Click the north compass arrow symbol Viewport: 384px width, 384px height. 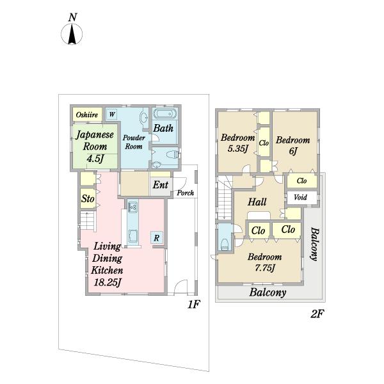point(72,34)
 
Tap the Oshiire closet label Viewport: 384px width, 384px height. point(87,115)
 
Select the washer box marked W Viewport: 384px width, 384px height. point(111,114)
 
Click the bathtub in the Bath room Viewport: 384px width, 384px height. point(164,114)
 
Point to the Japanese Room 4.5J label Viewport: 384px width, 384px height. point(95,147)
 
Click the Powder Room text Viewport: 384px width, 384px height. point(134,142)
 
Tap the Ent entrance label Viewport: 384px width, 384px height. point(161,185)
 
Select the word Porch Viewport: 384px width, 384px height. point(186,193)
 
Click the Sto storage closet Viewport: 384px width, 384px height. point(88,198)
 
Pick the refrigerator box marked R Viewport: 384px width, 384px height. point(157,237)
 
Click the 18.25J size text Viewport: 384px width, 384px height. point(108,283)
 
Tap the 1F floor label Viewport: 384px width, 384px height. point(194,305)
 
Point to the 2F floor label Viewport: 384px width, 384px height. point(317,314)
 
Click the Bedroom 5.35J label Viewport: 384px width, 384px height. point(238,143)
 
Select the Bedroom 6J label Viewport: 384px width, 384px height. point(293,145)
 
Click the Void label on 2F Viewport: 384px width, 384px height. point(300,197)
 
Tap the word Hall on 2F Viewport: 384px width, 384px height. point(257,202)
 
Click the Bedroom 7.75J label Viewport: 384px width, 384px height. point(265,262)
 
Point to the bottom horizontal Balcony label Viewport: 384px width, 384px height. point(268,292)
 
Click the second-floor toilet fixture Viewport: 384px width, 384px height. point(225,244)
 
